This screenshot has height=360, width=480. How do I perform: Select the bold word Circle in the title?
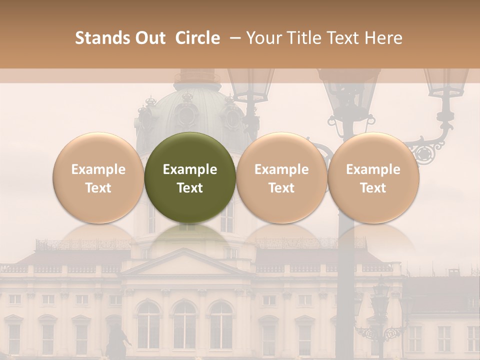click(197, 38)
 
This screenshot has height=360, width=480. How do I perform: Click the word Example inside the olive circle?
click(190, 169)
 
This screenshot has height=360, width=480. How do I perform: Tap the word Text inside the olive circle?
click(190, 188)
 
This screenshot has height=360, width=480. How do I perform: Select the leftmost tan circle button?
click(98, 177)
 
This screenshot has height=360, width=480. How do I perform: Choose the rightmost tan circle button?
click(373, 177)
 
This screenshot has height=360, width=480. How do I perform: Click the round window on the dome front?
click(186, 115)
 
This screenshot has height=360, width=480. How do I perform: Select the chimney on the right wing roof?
click(453, 272)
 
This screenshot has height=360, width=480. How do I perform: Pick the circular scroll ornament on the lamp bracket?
click(424, 154)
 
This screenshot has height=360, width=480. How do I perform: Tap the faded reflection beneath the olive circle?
click(190, 237)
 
